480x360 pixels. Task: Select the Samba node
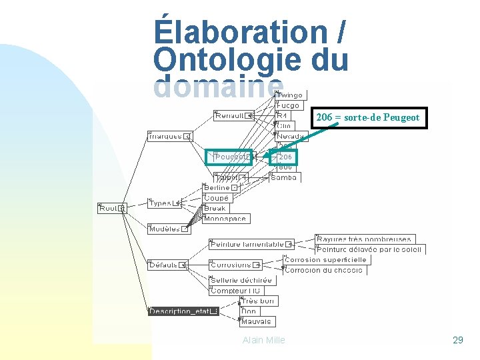tap(285, 177)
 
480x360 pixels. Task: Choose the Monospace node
tap(225, 219)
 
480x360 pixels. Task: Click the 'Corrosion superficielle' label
tap(325, 260)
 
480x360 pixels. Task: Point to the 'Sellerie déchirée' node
tap(241, 281)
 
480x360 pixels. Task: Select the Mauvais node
tap(257, 321)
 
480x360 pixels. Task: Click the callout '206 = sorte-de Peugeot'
tap(367, 118)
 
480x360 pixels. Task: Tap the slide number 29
tap(457, 340)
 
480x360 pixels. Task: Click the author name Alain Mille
tap(264, 340)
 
